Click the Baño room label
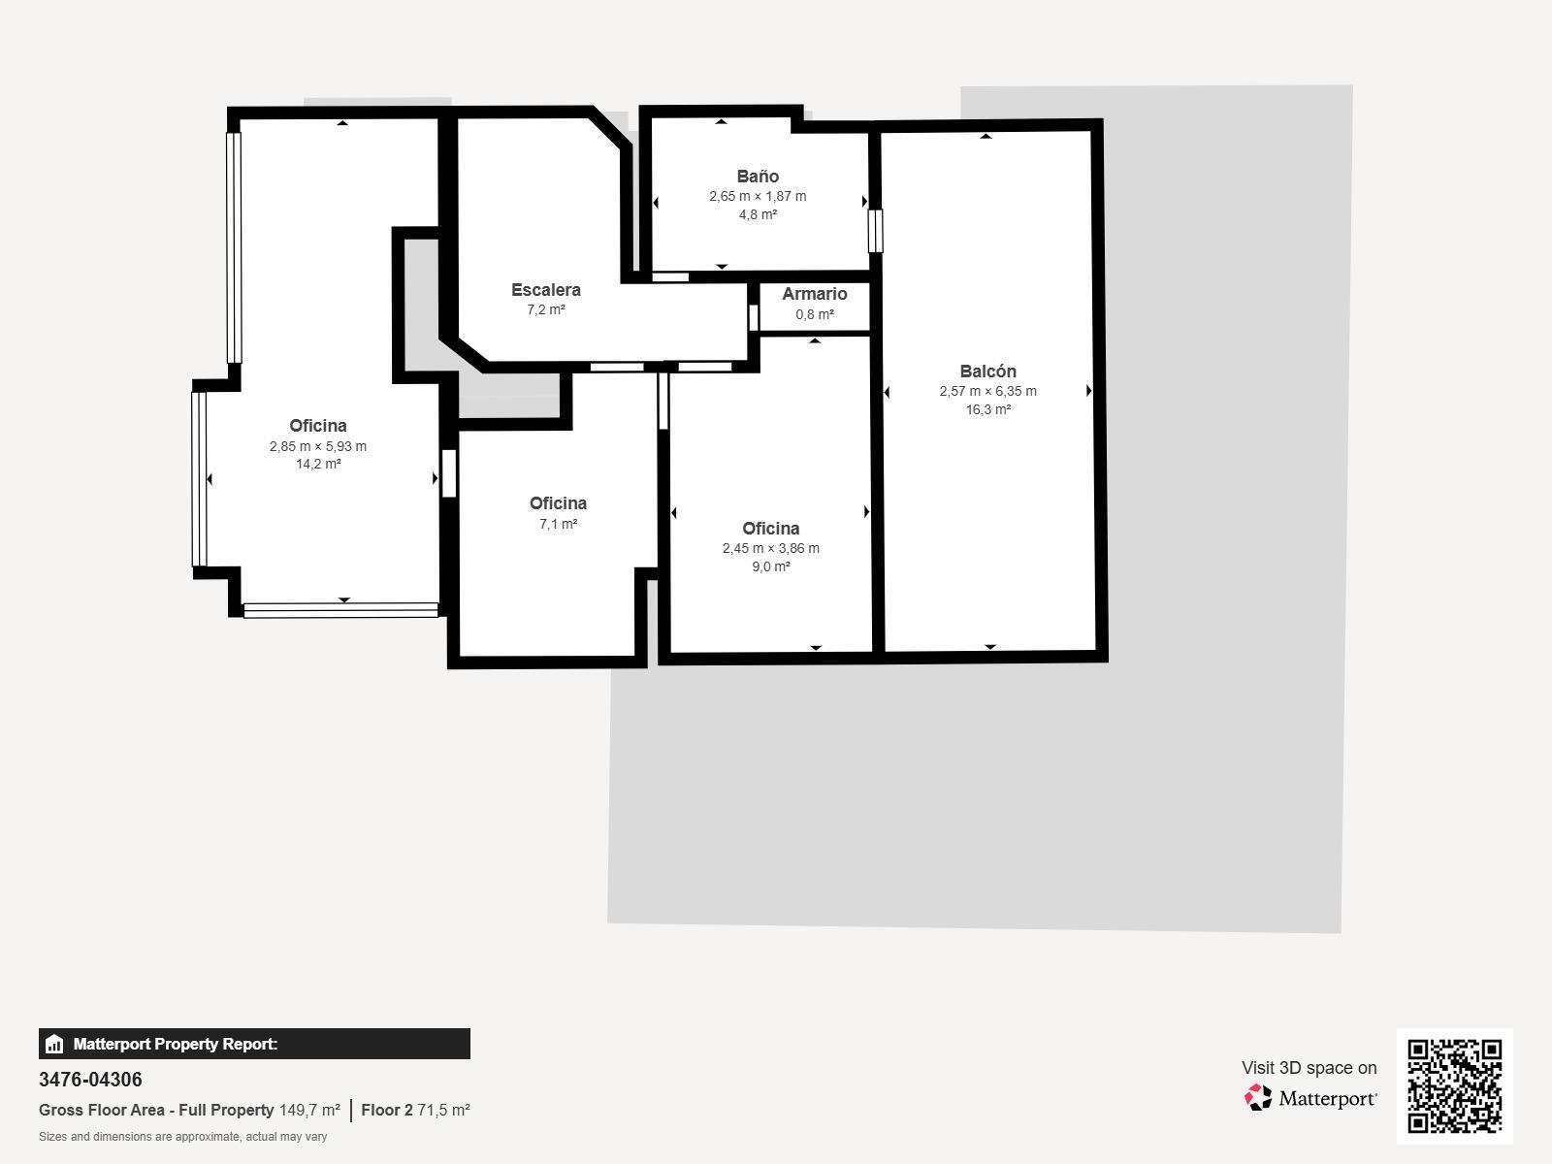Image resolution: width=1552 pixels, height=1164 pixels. coord(758,176)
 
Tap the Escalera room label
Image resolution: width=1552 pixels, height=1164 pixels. coord(546,290)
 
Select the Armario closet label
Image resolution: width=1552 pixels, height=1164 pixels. coord(815,294)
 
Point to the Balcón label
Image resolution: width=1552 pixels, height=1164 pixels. coord(987,372)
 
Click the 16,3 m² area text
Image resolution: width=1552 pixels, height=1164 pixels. coord(987,410)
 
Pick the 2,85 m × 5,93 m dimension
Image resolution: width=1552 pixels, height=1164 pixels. coord(317,446)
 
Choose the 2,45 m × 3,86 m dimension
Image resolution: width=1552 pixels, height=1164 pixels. coord(771,548)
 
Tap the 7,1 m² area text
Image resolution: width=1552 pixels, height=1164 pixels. coord(558,525)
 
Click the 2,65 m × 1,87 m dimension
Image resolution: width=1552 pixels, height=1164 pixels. coord(758,197)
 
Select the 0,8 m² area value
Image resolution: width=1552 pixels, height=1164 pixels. coord(815,314)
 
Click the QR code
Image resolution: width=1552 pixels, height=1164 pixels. coord(1454,1086)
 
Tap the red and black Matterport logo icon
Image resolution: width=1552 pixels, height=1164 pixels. coord(1258,1098)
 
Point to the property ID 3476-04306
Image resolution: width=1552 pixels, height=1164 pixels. coord(90,1080)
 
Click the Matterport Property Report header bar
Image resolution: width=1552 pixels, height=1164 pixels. coord(254,1044)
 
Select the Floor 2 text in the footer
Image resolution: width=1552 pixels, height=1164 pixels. coord(387,1111)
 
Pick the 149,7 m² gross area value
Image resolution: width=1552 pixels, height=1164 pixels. coord(309,1111)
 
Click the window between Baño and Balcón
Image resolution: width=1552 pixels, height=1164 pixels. coord(875,231)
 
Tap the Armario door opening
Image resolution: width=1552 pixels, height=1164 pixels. coord(754,317)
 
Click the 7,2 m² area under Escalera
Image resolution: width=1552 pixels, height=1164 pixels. coord(546,310)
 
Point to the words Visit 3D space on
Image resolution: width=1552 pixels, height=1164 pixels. coord(1309,1068)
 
